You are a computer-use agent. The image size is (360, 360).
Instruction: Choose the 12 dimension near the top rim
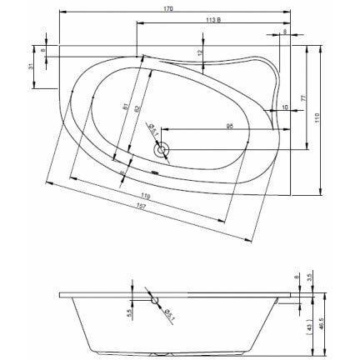point(200,54)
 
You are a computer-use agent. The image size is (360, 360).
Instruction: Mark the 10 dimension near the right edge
point(285,107)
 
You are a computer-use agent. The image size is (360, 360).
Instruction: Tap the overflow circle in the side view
point(152,298)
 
